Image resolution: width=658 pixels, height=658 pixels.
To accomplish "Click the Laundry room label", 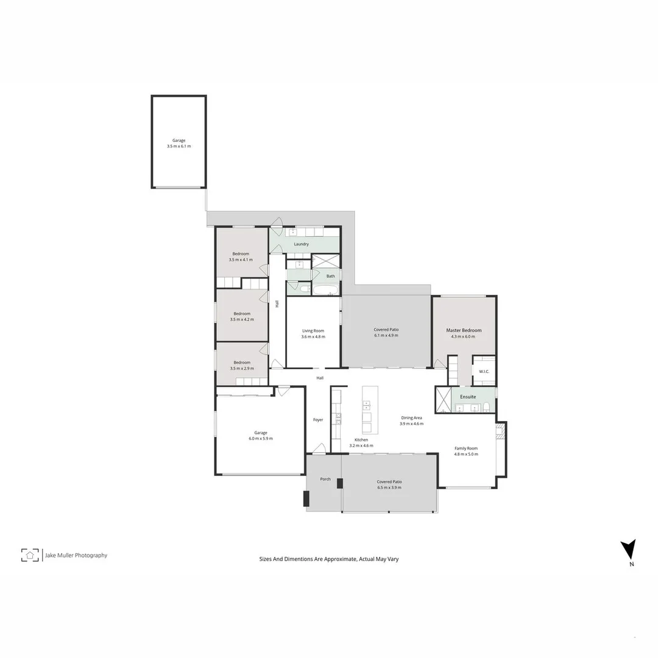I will click(x=301, y=244).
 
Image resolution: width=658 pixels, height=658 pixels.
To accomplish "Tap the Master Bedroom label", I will click(x=464, y=330).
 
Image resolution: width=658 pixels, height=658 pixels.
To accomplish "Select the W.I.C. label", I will click(x=484, y=371).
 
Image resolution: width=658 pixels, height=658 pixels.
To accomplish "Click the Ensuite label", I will click(x=468, y=397).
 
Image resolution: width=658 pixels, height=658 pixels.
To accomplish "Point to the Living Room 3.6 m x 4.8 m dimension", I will click(x=313, y=336).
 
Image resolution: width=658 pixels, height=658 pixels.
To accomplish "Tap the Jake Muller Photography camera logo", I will click(x=30, y=555).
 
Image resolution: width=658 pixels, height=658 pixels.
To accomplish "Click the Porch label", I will click(x=325, y=479).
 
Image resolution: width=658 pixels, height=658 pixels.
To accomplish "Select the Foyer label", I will click(x=318, y=420).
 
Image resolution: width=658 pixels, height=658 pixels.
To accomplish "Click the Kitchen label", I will click(x=361, y=440).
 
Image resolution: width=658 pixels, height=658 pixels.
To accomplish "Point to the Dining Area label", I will click(x=411, y=418).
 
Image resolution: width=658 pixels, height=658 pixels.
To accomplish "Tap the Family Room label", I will click(x=466, y=448).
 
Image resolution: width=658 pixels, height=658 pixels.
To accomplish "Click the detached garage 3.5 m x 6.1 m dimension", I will click(x=179, y=146).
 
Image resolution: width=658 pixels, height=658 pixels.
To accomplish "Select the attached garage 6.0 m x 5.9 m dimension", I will click(x=261, y=439).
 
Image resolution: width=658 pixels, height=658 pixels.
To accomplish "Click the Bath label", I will click(x=330, y=276).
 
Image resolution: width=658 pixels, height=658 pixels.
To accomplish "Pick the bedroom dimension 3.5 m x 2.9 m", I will click(x=242, y=369).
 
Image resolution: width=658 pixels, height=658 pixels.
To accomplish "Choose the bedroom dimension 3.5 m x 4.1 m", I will click(x=241, y=260).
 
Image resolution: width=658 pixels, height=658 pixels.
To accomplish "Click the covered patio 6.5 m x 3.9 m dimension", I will click(x=389, y=487).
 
